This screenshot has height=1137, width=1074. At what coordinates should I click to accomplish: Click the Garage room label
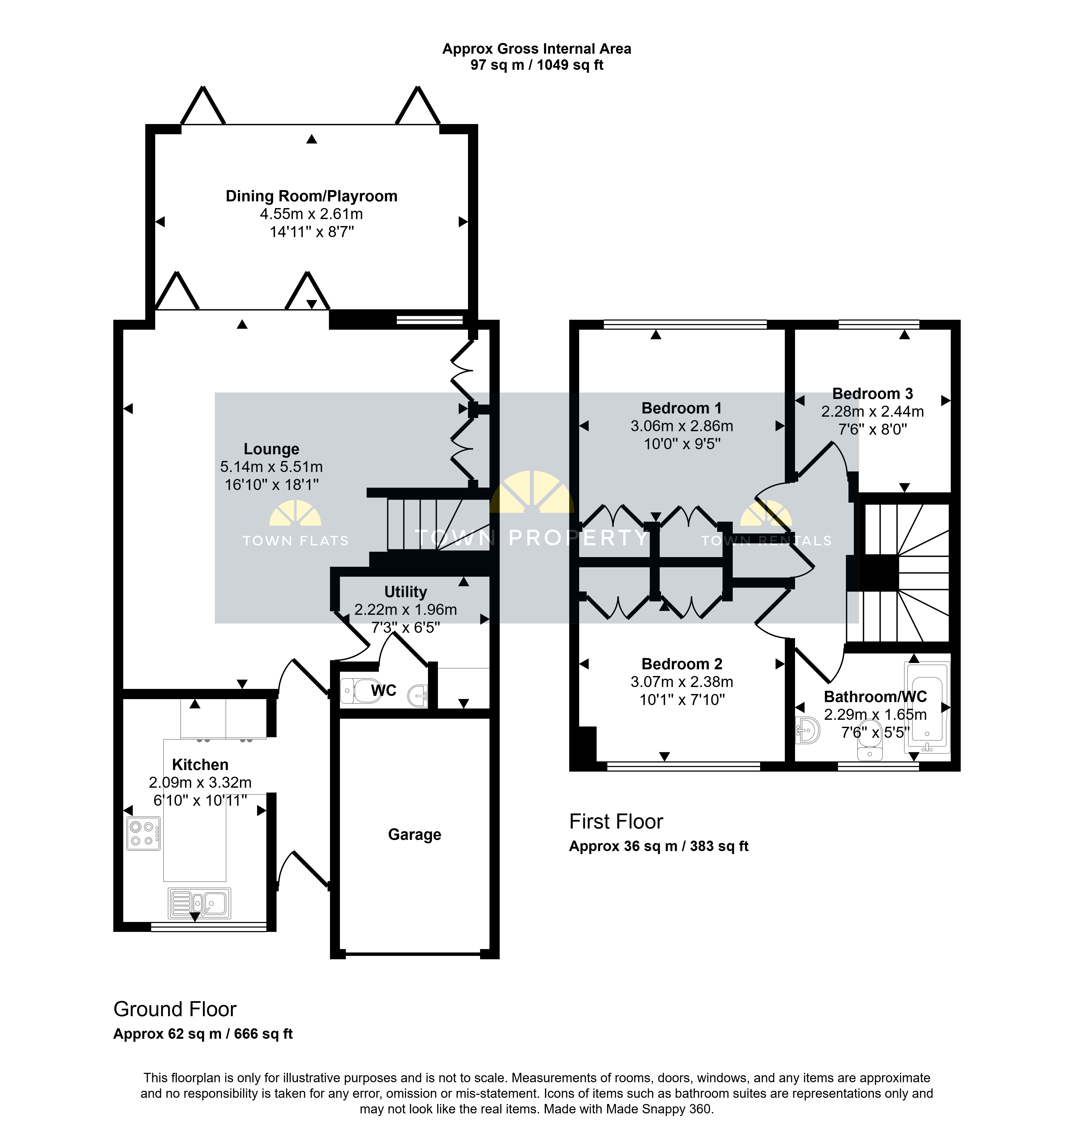pos(415,835)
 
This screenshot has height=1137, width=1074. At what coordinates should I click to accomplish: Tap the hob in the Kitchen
pos(143,834)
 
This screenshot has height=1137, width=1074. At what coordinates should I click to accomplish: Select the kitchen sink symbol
pos(199,903)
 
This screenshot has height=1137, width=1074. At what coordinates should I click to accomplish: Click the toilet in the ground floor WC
pos(356,691)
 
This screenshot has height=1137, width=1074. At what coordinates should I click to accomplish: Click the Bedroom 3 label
pos(872,394)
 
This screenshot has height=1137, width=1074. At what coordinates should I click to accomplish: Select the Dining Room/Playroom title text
pos(311,196)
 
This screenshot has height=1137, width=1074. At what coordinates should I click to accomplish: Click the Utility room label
pos(405,592)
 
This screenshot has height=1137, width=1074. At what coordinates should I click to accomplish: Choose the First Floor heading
pos(616,822)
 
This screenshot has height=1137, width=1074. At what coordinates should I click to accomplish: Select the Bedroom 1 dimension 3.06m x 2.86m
pos(682,426)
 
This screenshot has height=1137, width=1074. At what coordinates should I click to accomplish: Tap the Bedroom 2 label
pos(682,664)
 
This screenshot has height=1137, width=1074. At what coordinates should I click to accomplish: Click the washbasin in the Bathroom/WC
pos(808,730)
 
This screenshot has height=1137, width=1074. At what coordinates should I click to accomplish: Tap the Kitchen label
pos(200,765)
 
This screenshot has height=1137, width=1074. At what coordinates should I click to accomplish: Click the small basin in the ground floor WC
pos(418,696)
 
